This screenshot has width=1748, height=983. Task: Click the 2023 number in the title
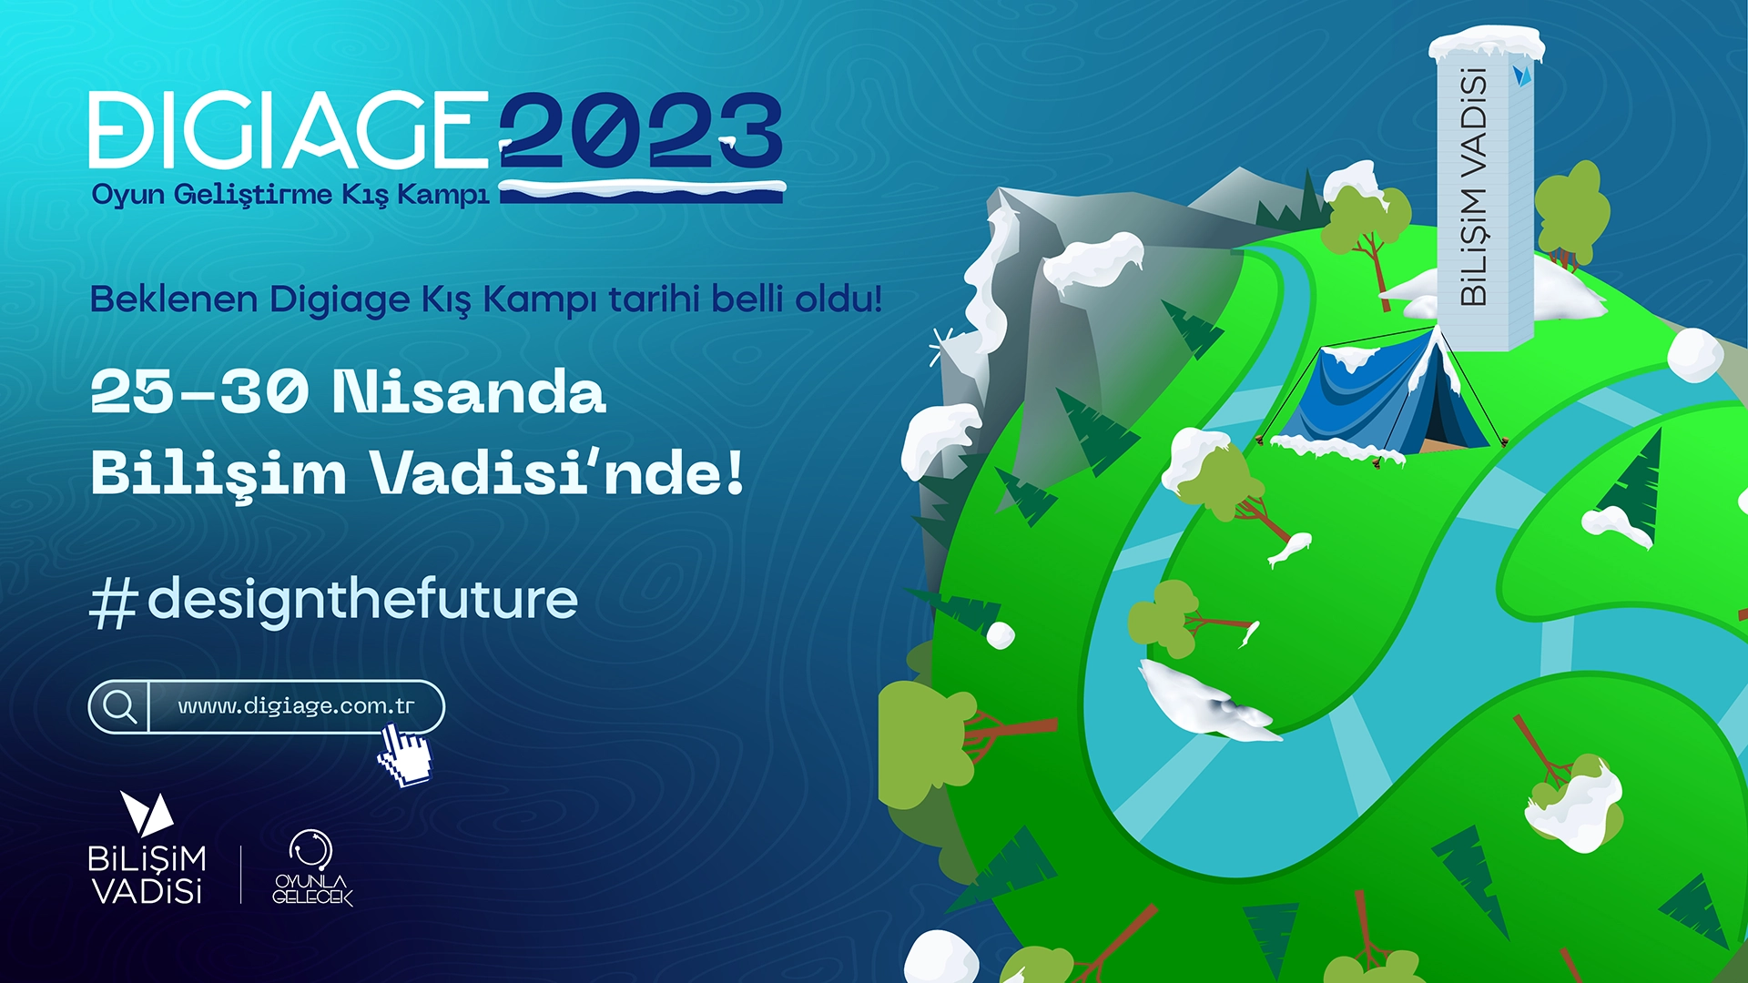click(641, 130)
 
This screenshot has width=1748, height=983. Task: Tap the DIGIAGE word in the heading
click(289, 129)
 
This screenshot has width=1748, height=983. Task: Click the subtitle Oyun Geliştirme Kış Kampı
click(290, 195)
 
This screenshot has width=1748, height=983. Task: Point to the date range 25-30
click(198, 392)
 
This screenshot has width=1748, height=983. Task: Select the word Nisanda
click(469, 392)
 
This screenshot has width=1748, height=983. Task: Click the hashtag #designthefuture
click(334, 601)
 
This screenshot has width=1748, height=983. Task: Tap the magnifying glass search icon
click(119, 706)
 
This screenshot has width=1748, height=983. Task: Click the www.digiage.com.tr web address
click(296, 706)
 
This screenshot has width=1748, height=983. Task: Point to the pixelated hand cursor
click(404, 755)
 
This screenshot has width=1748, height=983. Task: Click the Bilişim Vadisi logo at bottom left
click(147, 848)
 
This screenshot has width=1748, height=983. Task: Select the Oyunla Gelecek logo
click(311, 867)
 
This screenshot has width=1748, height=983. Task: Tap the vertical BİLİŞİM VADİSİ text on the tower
click(1473, 187)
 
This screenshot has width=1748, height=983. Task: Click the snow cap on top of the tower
click(1487, 43)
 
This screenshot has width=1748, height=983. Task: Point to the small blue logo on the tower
click(1521, 75)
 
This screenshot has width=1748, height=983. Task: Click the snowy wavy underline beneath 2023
click(642, 191)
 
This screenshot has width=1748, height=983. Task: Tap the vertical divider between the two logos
click(241, 875)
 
